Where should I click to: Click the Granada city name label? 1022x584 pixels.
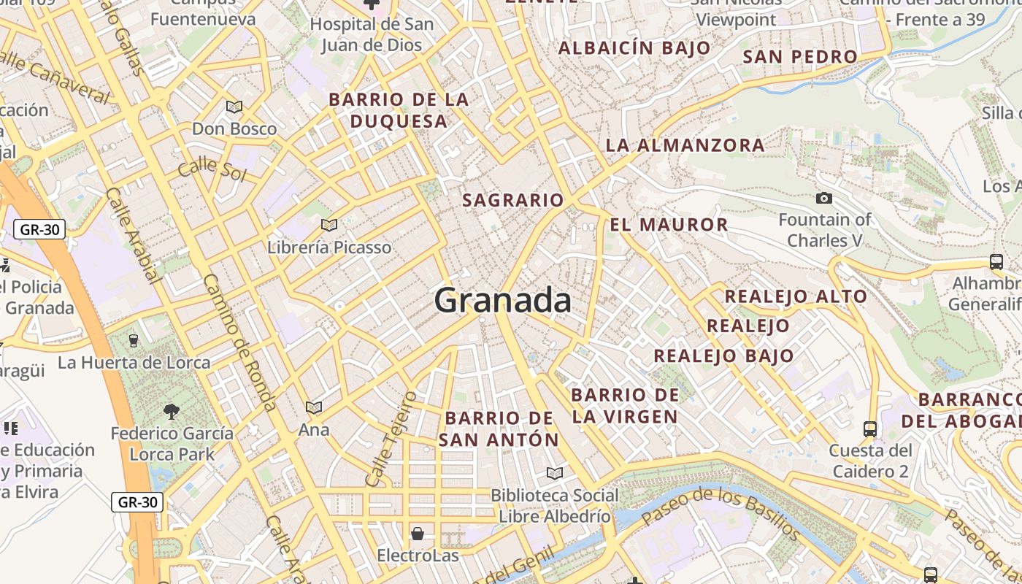(502, 300)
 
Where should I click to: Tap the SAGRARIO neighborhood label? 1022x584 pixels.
(513, 200)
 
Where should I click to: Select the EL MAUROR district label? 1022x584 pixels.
(669, 225)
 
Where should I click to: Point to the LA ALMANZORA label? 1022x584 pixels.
(685, 145)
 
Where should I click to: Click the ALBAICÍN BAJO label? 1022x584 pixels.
(634, 48)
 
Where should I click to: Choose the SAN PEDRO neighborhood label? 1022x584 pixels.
(799, 57)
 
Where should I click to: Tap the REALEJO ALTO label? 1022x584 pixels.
(795, 296)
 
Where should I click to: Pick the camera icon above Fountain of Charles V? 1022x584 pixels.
(824, 198)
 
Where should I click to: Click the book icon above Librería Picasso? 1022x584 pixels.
(329, 225)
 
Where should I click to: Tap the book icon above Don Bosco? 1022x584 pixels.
(234, 107)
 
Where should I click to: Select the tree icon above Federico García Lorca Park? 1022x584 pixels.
(172, 412)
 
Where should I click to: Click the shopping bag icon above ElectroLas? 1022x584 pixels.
(418, 534)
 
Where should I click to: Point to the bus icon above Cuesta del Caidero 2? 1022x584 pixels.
(870, 429)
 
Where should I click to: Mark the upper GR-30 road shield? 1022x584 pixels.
(39, 229)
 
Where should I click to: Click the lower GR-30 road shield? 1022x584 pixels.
(137, 502)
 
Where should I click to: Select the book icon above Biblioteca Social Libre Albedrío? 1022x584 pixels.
(555, 474)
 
